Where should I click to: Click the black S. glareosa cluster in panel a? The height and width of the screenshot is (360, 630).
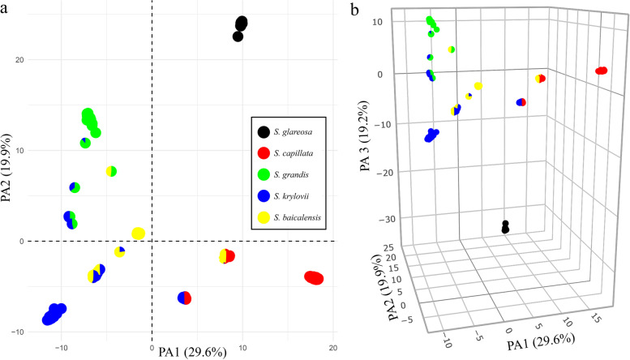click(240, 28)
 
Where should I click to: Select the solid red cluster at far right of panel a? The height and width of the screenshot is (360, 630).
click(314, 278)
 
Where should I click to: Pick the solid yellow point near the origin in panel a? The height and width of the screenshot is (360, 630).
click(139, 234)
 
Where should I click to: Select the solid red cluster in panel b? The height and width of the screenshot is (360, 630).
click(601, 71)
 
